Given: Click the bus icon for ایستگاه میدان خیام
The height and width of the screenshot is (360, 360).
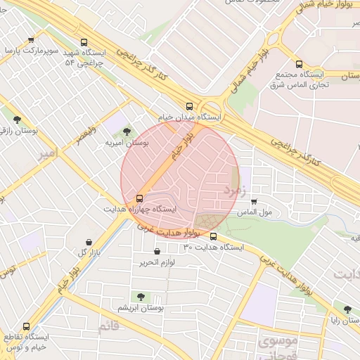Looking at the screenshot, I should pos(188,105).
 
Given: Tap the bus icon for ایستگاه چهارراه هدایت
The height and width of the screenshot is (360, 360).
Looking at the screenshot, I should pos(139,198).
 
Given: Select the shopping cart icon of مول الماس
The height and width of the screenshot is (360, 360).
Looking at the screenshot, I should pos(255,201).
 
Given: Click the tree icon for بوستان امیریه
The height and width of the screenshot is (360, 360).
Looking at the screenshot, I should pos(127,131).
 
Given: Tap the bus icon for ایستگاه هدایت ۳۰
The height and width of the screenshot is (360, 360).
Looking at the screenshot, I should pos(213,236).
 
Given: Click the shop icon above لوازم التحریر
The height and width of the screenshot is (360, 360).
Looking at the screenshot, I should pos(156,251).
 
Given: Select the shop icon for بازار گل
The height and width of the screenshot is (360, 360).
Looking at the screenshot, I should pos(89,241).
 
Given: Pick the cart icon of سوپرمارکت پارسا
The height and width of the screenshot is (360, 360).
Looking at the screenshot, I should pos(30,41).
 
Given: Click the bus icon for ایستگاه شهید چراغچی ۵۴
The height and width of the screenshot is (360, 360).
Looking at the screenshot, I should pos(85,42).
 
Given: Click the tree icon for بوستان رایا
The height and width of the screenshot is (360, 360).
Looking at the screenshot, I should pos(346,308).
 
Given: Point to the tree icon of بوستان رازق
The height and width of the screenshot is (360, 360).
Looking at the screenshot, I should pos(17,120).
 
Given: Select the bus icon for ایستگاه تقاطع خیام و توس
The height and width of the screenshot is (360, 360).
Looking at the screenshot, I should pos(27,327).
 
